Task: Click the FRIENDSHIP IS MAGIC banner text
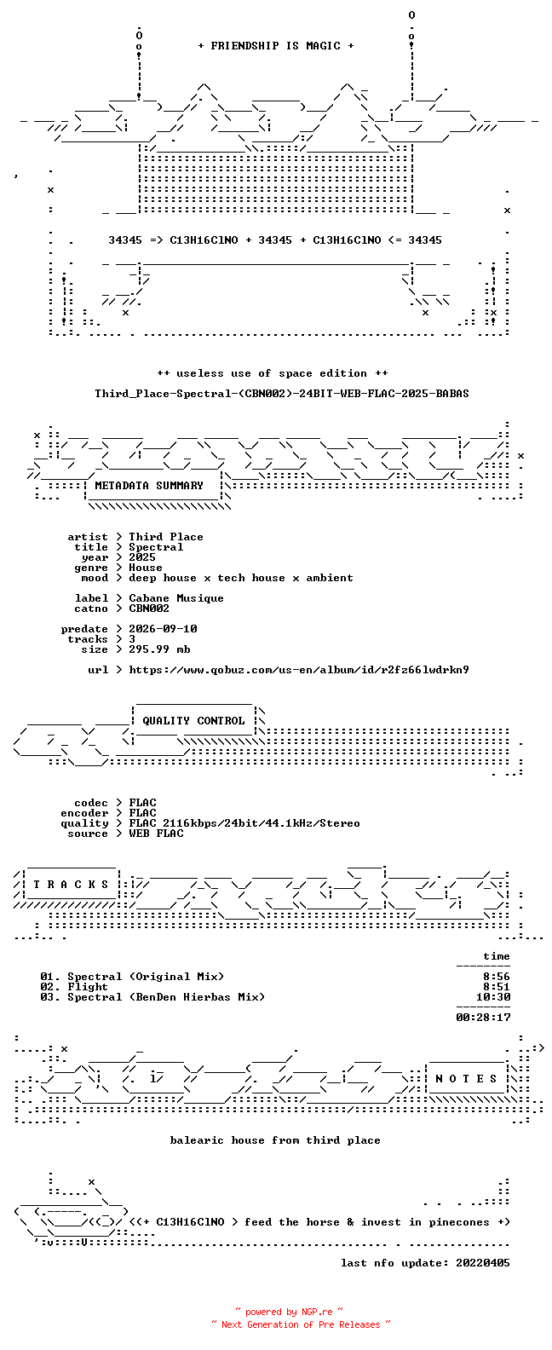275,46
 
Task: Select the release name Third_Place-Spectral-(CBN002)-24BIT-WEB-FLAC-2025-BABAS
281,394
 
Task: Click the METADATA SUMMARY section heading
149,486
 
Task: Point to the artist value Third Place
166,537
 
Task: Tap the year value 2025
142,557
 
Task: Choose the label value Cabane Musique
176,598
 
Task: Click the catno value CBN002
149,609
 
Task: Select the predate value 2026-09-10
163,629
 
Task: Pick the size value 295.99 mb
159,649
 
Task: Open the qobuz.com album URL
299,670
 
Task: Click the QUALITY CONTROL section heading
193,721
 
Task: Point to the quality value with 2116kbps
244,824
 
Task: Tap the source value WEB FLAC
156,834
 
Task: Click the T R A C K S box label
71,885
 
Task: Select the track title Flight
88,987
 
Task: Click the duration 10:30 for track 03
493,997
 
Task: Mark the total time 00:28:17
483,1018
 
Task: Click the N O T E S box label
466,1079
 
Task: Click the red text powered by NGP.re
289,1312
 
